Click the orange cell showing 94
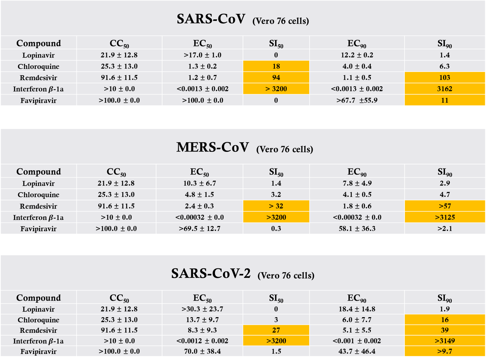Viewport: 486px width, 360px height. click(x=276, y=78)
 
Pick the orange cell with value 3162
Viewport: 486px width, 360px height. click(x=445, y=89)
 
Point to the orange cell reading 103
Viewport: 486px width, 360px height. click(x=445, y=78)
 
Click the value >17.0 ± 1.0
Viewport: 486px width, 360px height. click(x=202, y=55)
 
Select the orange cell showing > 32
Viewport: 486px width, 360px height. click(x=276, y=206)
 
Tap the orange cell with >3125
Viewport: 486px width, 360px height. click(x=445, y=217)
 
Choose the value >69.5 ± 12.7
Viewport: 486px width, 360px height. click(x=199, y=229)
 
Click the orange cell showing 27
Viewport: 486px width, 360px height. click(x=276, y=330)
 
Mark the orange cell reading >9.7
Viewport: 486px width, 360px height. click(x=445, y=351)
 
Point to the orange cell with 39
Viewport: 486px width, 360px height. click(x=445, y=330)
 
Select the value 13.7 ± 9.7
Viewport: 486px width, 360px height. click(x=202, y=320)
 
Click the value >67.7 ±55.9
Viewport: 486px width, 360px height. click(x=357, y=100)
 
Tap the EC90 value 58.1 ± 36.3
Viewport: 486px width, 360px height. click(x=357, y=229)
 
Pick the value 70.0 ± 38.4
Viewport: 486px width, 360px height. click(x=202, y=351)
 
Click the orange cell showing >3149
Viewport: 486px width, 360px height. click(x=445, y=341)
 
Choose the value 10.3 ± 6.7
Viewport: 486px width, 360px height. click(x=199, y=183)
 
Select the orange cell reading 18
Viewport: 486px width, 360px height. click(x=276, y=66)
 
